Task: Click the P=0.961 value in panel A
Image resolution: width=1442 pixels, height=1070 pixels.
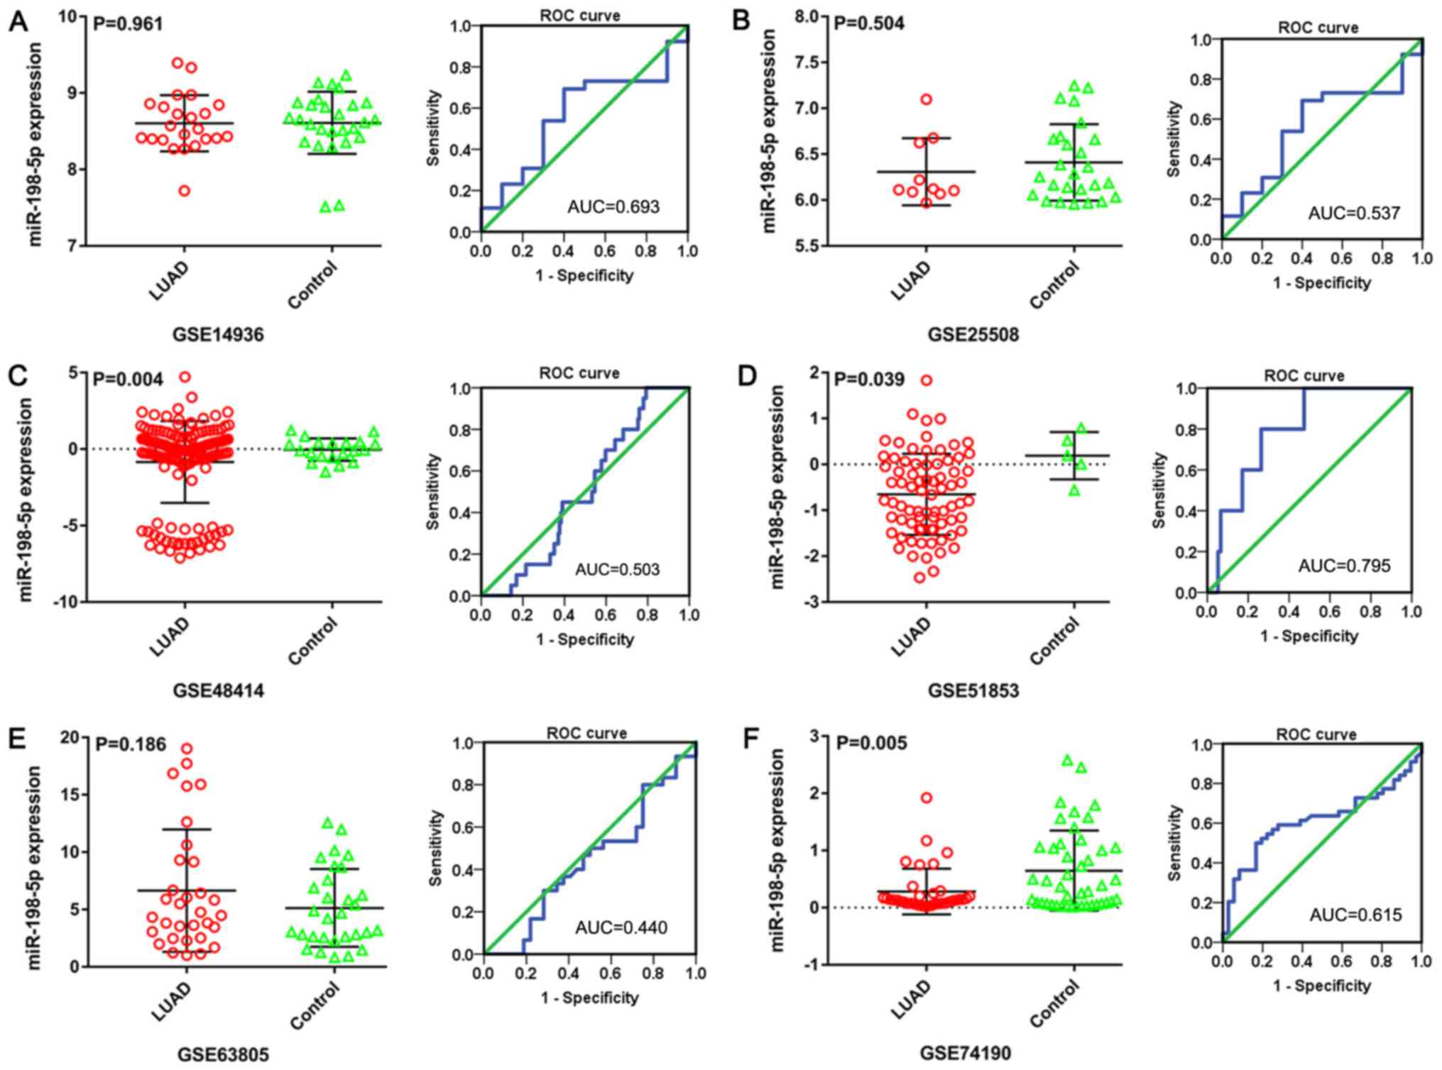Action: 129,24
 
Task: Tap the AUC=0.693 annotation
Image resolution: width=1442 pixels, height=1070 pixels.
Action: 613,207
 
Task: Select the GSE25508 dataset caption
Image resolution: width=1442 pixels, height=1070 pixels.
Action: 973,334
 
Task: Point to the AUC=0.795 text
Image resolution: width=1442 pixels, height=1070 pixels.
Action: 1345,566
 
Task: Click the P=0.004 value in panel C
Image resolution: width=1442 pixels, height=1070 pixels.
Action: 129,380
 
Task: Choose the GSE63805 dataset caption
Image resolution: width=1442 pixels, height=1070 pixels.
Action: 223,1055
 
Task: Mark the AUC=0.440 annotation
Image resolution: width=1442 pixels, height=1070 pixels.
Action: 621,927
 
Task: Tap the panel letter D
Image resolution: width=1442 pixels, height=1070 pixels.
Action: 748,376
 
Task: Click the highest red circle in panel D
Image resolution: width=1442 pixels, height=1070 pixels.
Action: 927,380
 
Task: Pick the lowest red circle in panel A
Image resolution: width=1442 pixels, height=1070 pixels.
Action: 184,191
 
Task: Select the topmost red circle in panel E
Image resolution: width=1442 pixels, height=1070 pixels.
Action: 187,749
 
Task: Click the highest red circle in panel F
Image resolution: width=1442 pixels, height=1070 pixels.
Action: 927,798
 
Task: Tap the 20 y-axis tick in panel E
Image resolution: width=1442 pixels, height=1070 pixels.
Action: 70,737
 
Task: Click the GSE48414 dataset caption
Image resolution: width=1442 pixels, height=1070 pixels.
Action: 219,690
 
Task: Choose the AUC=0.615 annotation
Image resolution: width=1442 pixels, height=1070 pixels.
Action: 1356,915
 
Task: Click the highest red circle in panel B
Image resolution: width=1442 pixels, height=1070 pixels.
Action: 927,100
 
